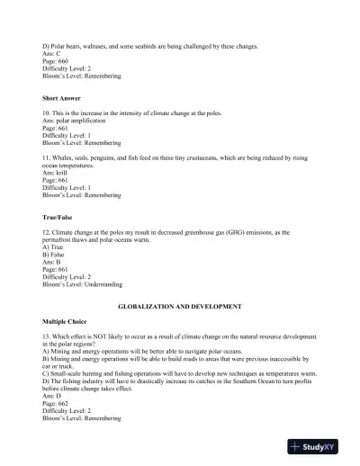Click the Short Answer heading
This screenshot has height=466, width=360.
(62, 96)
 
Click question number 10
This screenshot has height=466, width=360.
(48, 114)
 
